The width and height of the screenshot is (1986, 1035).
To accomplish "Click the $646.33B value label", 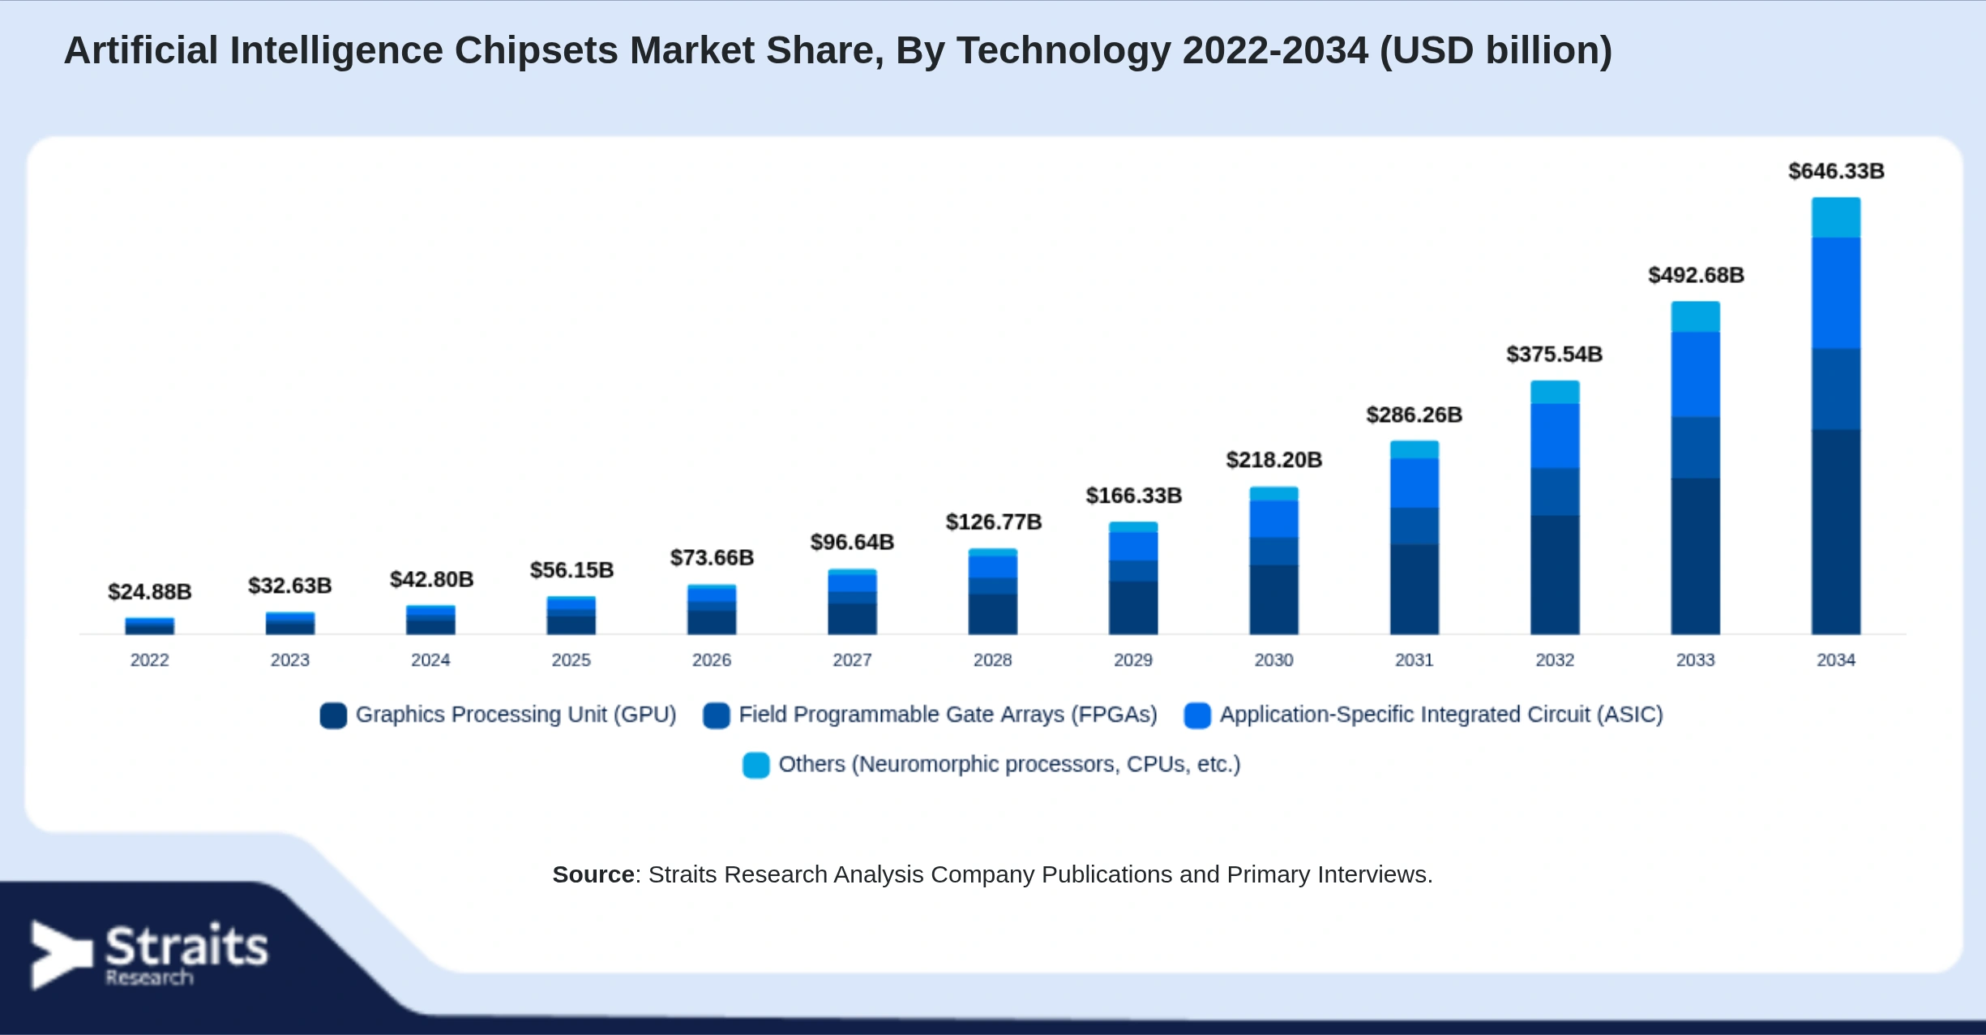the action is pyautogui.click(x=1836, y=171).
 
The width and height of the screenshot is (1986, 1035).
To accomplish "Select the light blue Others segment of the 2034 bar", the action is pyautogui.click(x=1836, y=217).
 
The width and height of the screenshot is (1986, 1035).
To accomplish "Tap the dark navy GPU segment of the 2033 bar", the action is pyautogui.click(x=1695, y=556).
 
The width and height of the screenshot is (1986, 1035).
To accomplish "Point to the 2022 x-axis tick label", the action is pyautogui.click(x=150, y=660).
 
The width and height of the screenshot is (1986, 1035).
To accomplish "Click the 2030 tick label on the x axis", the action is pyautogui.click(x=1273, y=660).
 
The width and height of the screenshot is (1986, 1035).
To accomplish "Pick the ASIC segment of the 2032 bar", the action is pyautogui.click(x=1555, y=436).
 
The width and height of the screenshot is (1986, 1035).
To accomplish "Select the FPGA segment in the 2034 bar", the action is pyautogui.click(x=1836, y=389).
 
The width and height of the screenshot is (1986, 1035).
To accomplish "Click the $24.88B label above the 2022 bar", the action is pyautogui.click(x=150, y=592).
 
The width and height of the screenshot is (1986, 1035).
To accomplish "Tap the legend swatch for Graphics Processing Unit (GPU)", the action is pyautogui.click(x=333, y=715).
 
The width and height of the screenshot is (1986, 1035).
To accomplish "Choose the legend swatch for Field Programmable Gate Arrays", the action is pyautogui.click(x=717, y=715).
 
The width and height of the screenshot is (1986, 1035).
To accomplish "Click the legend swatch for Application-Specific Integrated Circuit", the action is pyautogui.click(x=1197, y=715).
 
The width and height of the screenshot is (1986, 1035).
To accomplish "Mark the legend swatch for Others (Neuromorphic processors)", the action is pyautogui.click(x=756, y=765).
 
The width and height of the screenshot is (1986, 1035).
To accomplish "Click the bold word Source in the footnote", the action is pyautogui.click(x=593, y=874).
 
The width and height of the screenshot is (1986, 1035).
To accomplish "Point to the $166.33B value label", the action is pyautogui.click(x=1134, y=496).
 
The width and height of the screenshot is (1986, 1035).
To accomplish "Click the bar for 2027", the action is pyautogui.click(x=852, y=602).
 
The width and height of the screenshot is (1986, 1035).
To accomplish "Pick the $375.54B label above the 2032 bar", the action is pyautogui.click(x=1555, y=354).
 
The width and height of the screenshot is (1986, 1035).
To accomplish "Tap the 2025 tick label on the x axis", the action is pyautogui.click(x=571, y=660).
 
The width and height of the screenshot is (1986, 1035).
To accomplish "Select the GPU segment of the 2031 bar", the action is pyautogui.click(x=1415, y=590).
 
